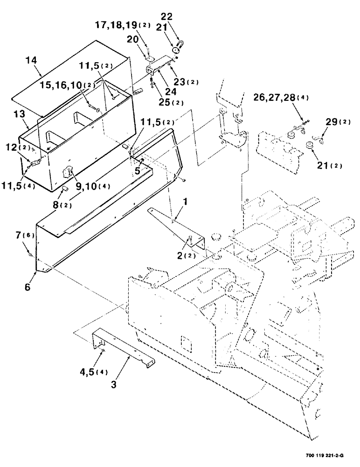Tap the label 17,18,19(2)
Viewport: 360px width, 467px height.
[123, 25]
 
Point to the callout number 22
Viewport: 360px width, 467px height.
[166, 16]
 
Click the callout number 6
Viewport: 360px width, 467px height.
[28, 287]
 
